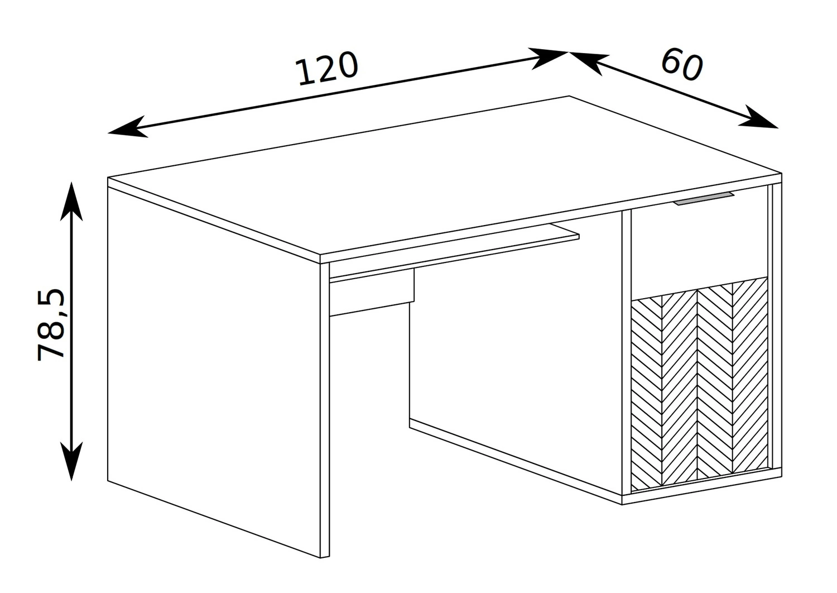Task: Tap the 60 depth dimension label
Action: point(682,66)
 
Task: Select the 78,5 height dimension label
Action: point(51,324)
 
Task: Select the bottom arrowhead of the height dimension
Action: point(71,461)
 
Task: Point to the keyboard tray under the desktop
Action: point(454,253)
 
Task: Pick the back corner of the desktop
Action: point(570,96)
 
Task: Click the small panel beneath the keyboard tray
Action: point(372,293)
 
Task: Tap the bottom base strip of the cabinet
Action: point(702,486)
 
